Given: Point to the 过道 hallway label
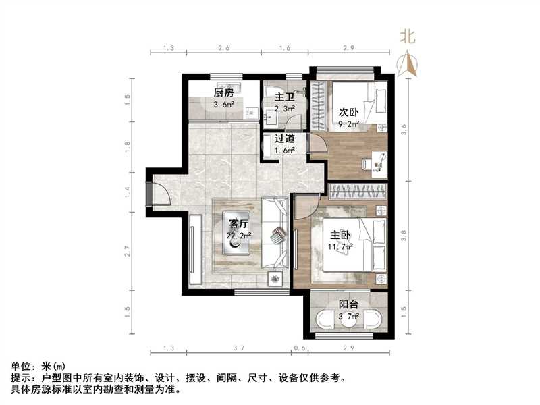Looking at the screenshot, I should [x=284, y=140].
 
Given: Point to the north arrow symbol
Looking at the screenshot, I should [x=408, y=64].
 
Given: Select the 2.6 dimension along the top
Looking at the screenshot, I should [x=224, y=49].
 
